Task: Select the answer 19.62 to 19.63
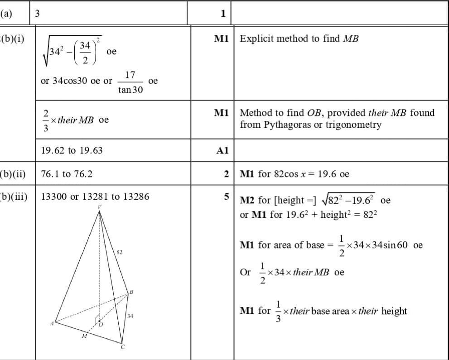72,150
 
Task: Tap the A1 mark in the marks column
222,151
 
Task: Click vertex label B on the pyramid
131,291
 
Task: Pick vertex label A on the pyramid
52,323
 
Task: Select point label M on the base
84,336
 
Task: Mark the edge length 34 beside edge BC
130,315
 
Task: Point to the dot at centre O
99,321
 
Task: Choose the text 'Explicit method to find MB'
299,38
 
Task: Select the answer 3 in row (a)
38,13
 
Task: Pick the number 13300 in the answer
53,197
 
